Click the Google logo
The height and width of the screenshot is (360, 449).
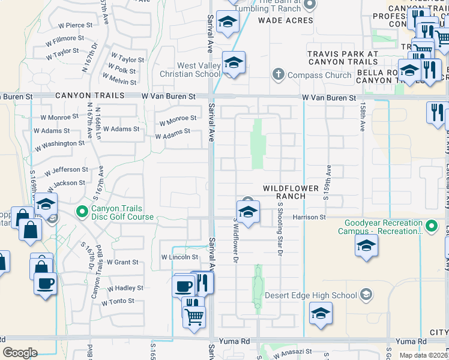click(x=20, y=353)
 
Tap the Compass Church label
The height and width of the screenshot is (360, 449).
click(x=319, y=75)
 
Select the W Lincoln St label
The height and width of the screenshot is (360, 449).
click(x=179, y=257)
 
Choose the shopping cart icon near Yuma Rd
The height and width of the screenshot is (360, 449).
click(x=194, y=316)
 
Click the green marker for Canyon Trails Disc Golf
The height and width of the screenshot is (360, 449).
click(x=82, y=211)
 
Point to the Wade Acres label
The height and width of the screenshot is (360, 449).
click(x=286, y=20)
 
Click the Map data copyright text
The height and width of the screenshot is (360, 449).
click(x=423, y=355)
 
